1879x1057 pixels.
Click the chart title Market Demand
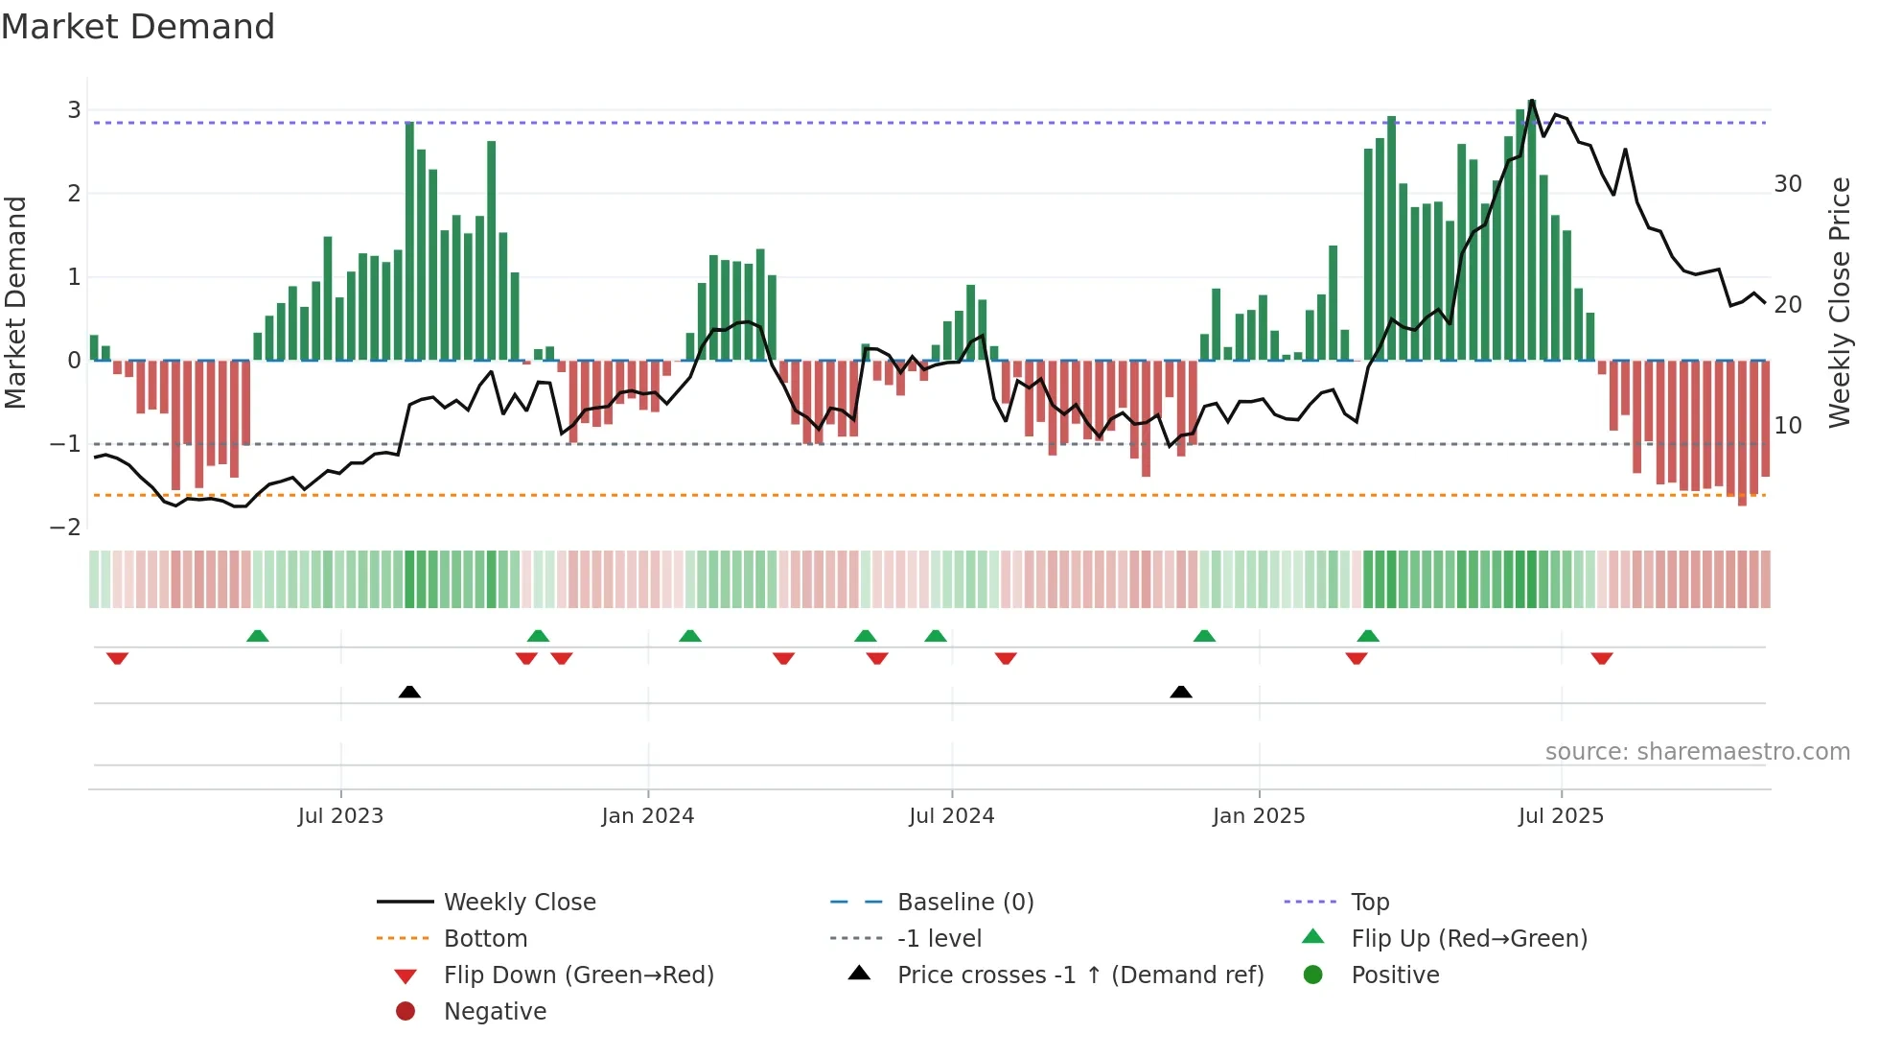click(138, 27)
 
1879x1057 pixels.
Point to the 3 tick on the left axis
click(74, 110)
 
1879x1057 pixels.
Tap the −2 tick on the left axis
click(66, 527)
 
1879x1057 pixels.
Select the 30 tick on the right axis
click(1787, 184)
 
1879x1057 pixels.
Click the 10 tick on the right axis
click(1787, 425)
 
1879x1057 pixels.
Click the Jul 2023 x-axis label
click(340, 816)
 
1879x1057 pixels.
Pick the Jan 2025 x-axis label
click(1258, 816)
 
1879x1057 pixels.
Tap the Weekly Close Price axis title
click(1839, 302)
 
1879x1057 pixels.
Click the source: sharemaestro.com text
click(1697, 752)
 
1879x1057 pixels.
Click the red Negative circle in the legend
click(406, 1012)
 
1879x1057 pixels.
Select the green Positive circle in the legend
click(1313, 975)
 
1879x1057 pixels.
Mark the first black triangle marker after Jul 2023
click(409, 692)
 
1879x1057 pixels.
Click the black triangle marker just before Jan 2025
click(1181, 692)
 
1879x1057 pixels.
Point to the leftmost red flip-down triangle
click(118, 658)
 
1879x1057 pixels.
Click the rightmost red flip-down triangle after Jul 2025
click(1602, 658)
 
